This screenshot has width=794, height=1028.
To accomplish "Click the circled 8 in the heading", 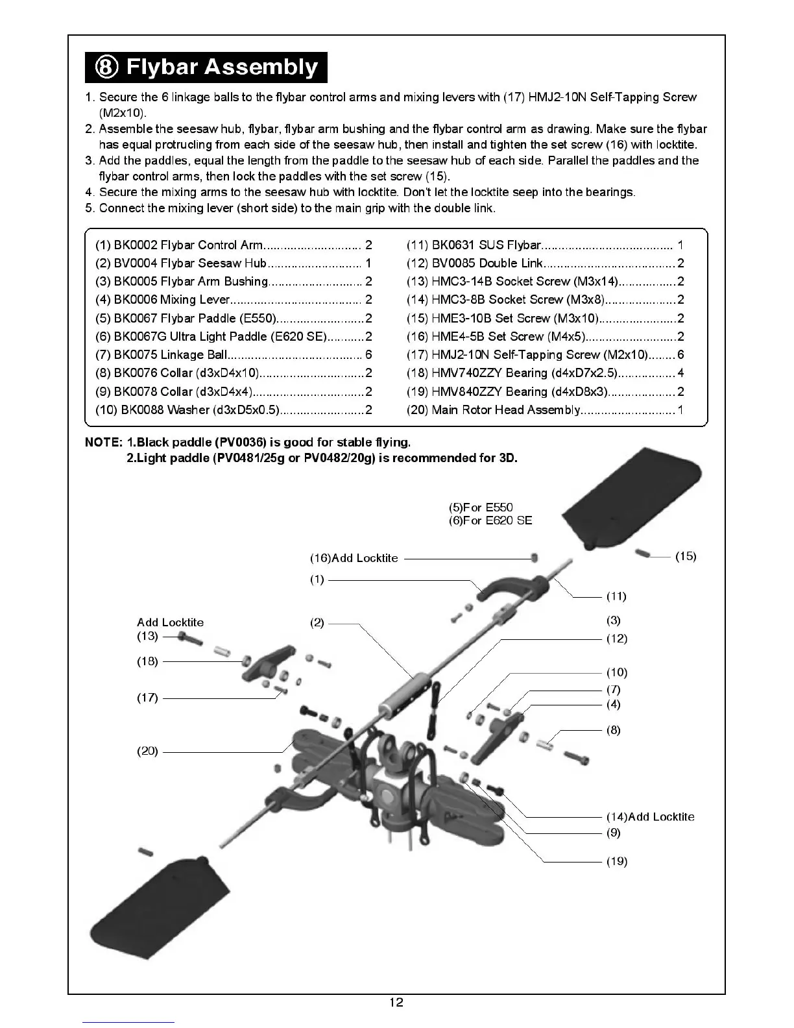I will pyautogui.click(x=107, y=67).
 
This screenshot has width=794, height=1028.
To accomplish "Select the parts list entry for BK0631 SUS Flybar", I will pyautogui.click(x=545, y=245).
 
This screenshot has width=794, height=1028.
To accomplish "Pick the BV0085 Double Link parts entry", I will pyautogui.click(x=545, y=263).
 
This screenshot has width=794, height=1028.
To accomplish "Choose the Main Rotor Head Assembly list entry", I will pyautogui.click(x=545, y=410).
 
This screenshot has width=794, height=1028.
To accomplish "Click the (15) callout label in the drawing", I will pyautogui.click(x=686, y=556).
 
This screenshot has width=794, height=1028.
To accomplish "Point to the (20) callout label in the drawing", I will pyautogui.click(x=147, y=751).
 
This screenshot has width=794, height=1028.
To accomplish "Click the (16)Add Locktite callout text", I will pyautogui.click(x=354, y=558).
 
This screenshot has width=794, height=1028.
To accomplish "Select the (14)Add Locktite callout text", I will pyautogui.click(x=650, y=817).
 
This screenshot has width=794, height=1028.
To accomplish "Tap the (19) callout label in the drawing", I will pyautogui.click(x=617, y=862).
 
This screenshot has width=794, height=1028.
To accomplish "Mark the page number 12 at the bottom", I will pyautogui.click(x=396, y=1003).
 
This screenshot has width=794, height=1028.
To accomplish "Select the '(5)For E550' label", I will pyautogui.click(x=481, y=508).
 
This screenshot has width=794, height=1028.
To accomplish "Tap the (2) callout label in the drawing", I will pyautogui.click(x=317, y=623).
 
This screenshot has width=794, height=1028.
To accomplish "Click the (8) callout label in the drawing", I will pyautogui.click(x=613, y=730).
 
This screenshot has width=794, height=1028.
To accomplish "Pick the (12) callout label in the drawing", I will pyautogui.click(x=616, y=639).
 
